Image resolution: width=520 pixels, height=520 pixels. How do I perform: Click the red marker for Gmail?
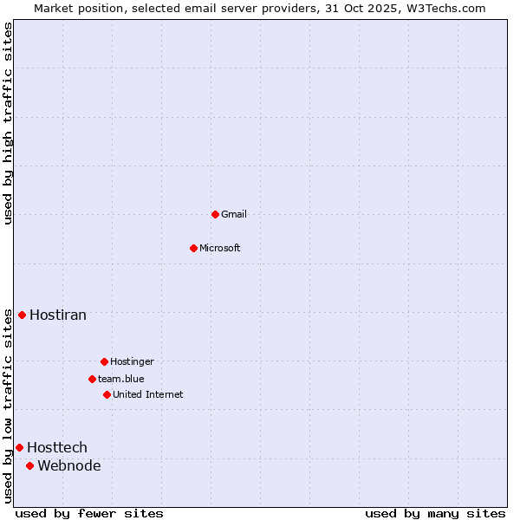click(x=215, y=214)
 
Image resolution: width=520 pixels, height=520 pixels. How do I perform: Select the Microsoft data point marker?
click(x=193, y=248)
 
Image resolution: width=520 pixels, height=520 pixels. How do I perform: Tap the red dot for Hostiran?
click(x=22, y=315)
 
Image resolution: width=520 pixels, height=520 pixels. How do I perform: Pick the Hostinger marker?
click(x=104, y=361)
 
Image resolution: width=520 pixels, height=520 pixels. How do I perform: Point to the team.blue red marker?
click(x=92, y=379)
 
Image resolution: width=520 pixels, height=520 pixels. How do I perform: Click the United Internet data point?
click(x=107, y=394)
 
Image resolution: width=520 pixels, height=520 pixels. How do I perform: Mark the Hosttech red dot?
click(x=19, y=447)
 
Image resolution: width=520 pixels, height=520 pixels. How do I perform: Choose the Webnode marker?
click(x=29, y=465)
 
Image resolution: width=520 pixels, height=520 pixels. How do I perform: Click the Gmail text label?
click(x=234, y=214)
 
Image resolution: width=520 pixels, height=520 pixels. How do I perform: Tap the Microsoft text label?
click(x=220, y=248)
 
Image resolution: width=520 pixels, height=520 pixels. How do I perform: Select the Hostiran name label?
click(x=58, y=315)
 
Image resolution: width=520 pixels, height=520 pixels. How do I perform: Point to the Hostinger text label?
click(x=132, y=361)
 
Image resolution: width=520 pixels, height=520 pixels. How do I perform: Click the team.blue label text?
click(x=121, y=379)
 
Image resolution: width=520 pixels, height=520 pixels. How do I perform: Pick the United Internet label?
click(x=148, y=394)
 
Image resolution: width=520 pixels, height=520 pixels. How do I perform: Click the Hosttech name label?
click(x=57, y=447)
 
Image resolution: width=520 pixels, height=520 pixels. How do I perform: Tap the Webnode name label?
click(x=69, y=465)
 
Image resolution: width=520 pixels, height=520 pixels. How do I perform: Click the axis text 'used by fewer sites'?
click(x=89, y=513)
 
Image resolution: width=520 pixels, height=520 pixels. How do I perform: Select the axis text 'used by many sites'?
click(x=435, y=513)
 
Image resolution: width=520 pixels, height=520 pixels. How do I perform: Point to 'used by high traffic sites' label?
click(x=8, y=123)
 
